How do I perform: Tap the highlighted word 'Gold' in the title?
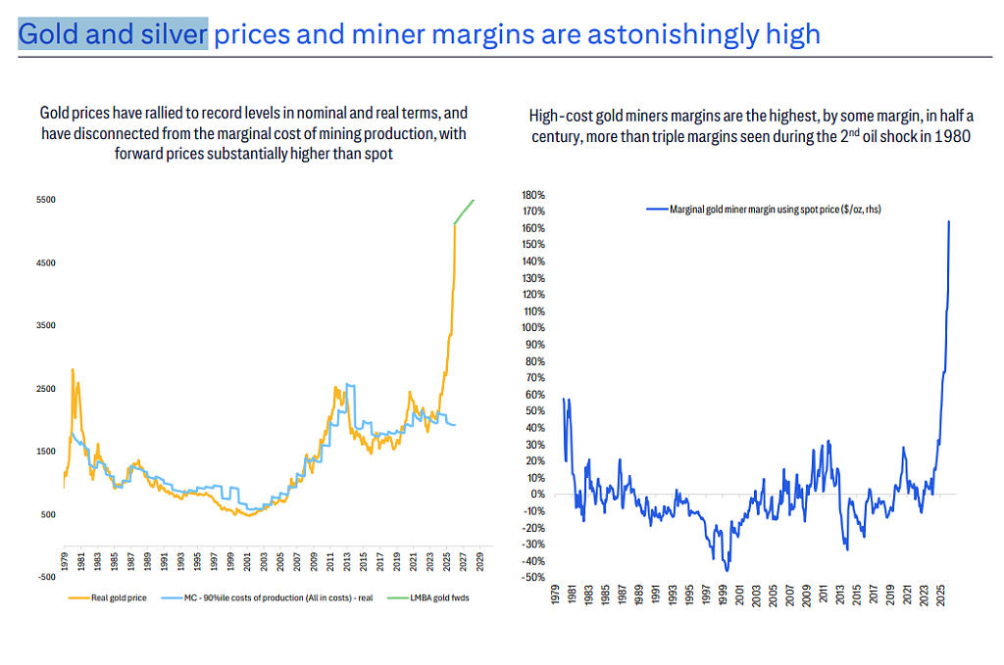tap(49, 34)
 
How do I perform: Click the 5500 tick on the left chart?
tap(45, 200)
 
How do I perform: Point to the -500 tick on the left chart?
tap(46, 577)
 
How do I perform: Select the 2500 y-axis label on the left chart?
tap(45, 389)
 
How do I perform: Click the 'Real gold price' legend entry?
tap(108, 597)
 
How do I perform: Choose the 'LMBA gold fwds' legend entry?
tap(428, 597)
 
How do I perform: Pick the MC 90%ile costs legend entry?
tap(267, 597)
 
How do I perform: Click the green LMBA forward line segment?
tap(464, 212)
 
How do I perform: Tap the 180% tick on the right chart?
tap(533, 195)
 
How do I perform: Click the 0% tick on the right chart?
tap(537, 495)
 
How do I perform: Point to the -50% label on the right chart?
tap(534, 578)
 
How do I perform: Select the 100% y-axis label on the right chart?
tap(533, 328)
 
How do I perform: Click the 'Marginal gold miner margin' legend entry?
tap(764, 209)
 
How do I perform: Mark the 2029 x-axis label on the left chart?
tap(480, 561)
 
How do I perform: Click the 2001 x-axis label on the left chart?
tap(247, 561)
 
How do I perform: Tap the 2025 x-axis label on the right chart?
tap(940, 594)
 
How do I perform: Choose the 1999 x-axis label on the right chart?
tap(723, 594)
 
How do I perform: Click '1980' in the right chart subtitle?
tap(952, 137)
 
